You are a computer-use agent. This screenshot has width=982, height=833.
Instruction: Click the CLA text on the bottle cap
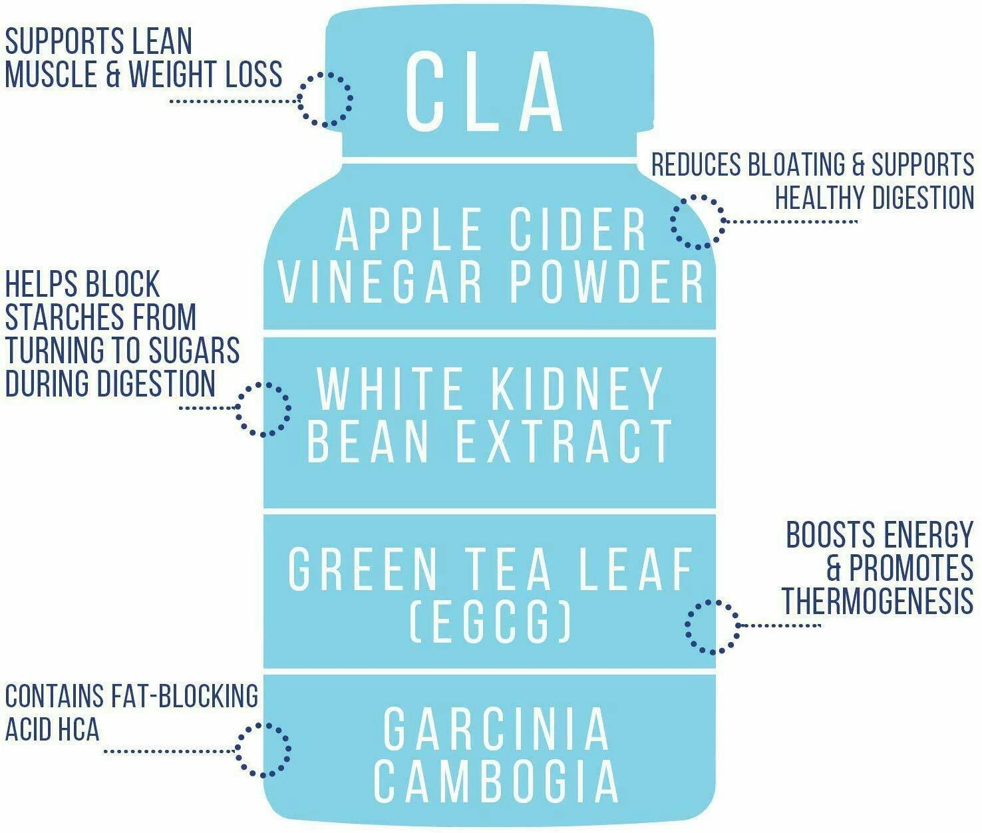[x=485, y=92]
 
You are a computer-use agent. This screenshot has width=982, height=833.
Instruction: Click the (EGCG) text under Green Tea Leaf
[x=490, y=621]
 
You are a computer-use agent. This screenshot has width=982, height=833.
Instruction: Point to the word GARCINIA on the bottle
[x=496, y=729]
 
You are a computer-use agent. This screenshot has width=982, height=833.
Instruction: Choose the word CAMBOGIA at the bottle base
[x=496, y=781]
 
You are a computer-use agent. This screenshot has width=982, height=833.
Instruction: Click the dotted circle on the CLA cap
[x=325, y=99]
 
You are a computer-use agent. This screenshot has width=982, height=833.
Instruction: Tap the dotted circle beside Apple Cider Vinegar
[x=697, y=222]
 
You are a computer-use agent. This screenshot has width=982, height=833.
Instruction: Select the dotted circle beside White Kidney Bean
[x=263, y=409]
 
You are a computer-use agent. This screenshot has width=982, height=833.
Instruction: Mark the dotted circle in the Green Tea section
[x=712, y=626]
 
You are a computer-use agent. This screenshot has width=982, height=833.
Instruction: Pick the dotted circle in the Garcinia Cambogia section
[x=263, y=750]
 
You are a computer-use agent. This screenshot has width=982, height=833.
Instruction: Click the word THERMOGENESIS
[x=877, y=601]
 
